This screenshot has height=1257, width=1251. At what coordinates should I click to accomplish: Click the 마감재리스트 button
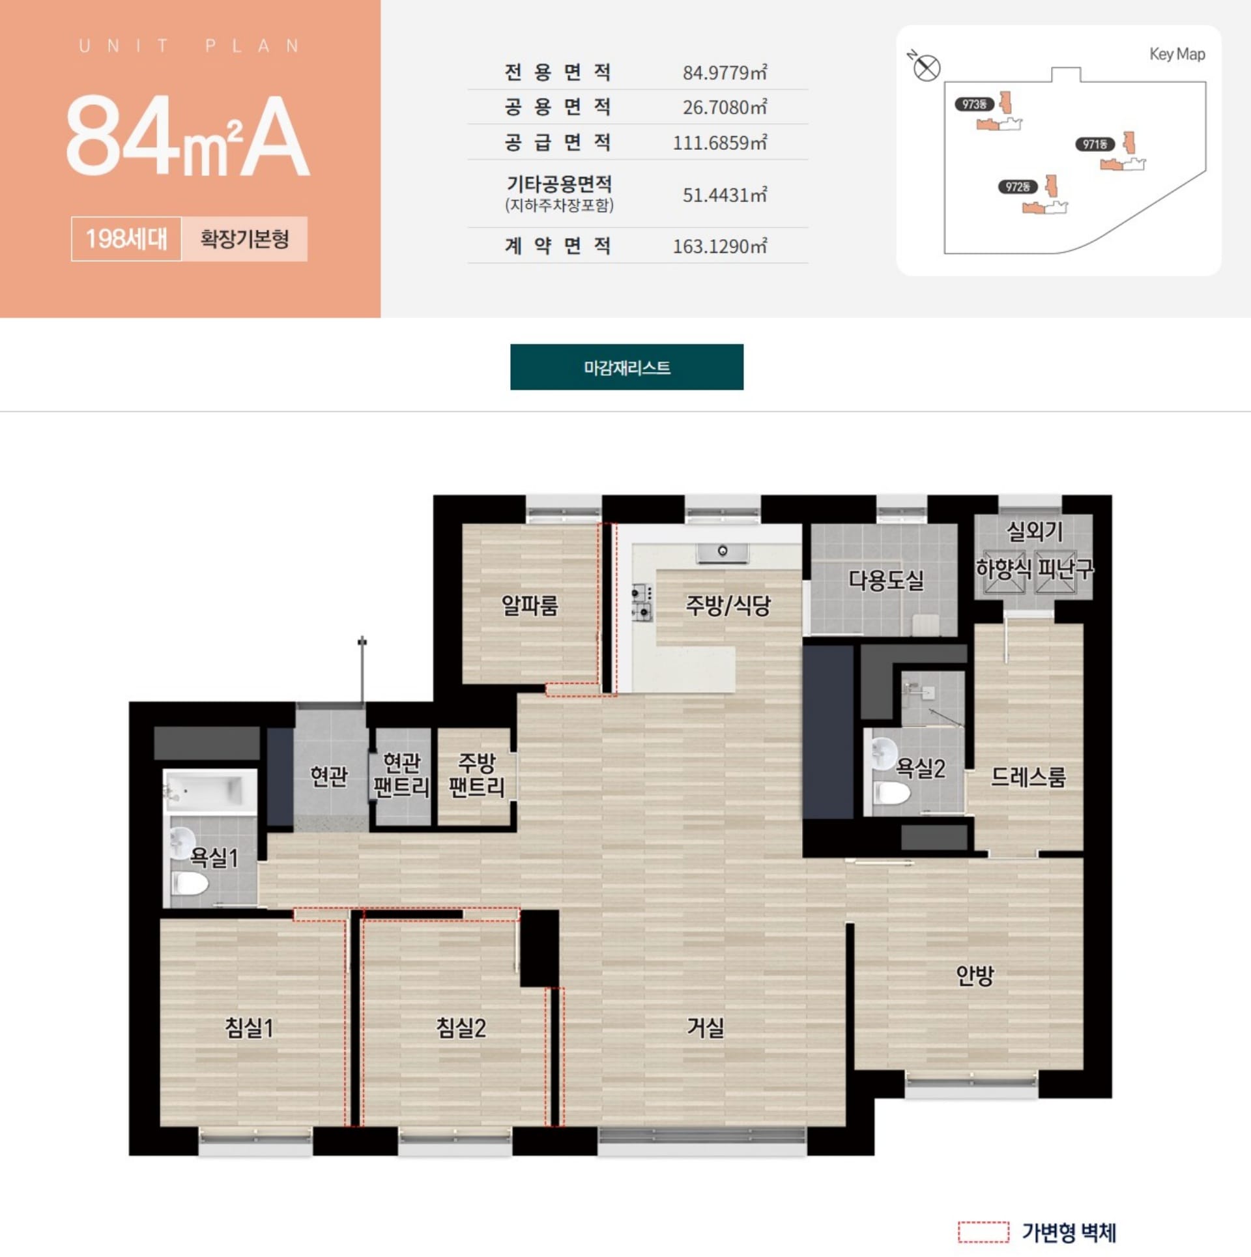(x=626, y=367)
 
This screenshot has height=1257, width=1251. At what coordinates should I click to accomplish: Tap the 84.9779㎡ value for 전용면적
(x=725, y=72)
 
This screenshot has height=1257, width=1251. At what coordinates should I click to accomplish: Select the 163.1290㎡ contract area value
(x=720, y=246)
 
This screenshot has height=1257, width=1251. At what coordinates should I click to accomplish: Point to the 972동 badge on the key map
(x=1016, y=187)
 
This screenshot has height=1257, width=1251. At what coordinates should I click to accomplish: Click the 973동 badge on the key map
(x=974, y=104)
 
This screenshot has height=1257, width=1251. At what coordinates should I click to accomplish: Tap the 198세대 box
(x=126, y=239)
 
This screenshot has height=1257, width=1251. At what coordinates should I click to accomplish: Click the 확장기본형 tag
(x=244, y=239)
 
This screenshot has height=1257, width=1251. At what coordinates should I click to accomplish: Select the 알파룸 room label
(x=529, y=605)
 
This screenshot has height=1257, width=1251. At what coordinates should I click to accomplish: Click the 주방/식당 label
(x=728, y=605)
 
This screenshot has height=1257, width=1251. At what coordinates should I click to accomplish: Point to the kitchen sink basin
(x=722, y=553)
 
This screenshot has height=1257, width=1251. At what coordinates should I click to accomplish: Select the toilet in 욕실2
(x=891, y=793)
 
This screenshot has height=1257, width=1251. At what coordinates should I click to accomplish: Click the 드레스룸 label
(x=1028, y=777)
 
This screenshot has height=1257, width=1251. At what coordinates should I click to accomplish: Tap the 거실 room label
(x=706, y=1028)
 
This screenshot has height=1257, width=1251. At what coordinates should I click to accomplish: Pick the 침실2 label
(x=461, y=1028)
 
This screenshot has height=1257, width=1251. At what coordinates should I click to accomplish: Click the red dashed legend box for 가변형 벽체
(x=983, y=1232)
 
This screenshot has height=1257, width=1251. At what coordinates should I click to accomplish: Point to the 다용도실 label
(x=886, y=579)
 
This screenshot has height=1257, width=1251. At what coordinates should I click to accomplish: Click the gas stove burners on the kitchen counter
(x=642, y=602)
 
